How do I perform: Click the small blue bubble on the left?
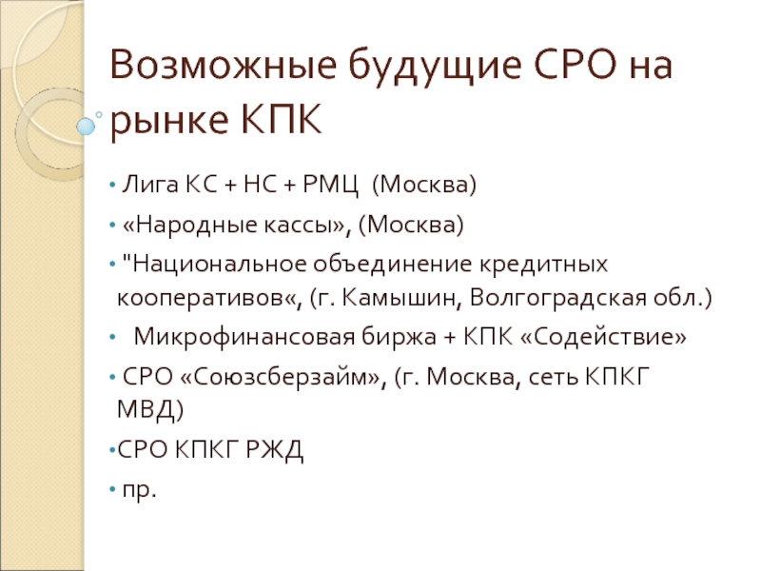pos(87,125)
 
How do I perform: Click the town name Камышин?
pos(402,299)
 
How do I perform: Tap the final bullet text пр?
pos(137,489)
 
